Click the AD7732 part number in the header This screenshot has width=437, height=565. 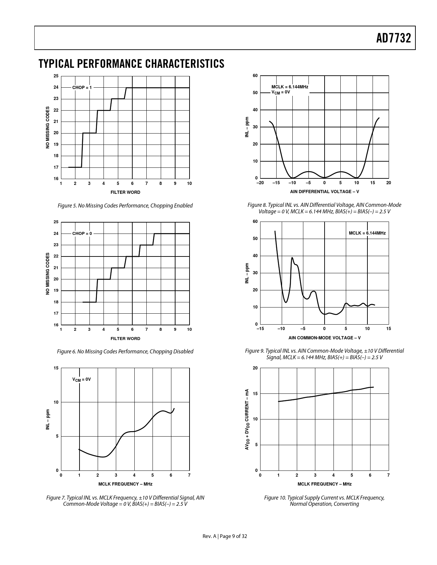coord(393,38)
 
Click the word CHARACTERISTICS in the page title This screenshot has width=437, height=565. coord(185,64)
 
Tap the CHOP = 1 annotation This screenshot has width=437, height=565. coord(82,88)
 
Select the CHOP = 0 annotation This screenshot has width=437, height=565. coord(82,234)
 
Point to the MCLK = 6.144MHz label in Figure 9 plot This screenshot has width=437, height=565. coord(367,233)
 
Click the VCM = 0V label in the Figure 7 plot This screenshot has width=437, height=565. coord(81,379)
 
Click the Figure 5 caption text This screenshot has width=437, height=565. coord(125,205)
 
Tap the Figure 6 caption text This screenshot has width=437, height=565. coord(125,351)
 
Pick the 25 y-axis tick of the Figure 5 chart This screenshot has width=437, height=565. coord(56,76)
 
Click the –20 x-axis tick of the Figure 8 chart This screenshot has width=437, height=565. coord(260,183)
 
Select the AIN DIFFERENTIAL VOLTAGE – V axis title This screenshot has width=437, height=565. coord(324,191)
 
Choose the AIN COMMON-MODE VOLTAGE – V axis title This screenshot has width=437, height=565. coord(324,338)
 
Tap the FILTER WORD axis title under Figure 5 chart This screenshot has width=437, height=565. coord(125,192)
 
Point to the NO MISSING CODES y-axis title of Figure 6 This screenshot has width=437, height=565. coord(48,274)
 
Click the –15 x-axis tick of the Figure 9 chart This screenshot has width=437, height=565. coord(260,329)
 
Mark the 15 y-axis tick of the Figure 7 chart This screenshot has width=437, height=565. coord(56,368)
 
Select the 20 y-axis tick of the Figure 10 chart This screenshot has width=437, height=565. coord(255,368)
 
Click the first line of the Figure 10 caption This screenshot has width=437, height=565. coord(324,498)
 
